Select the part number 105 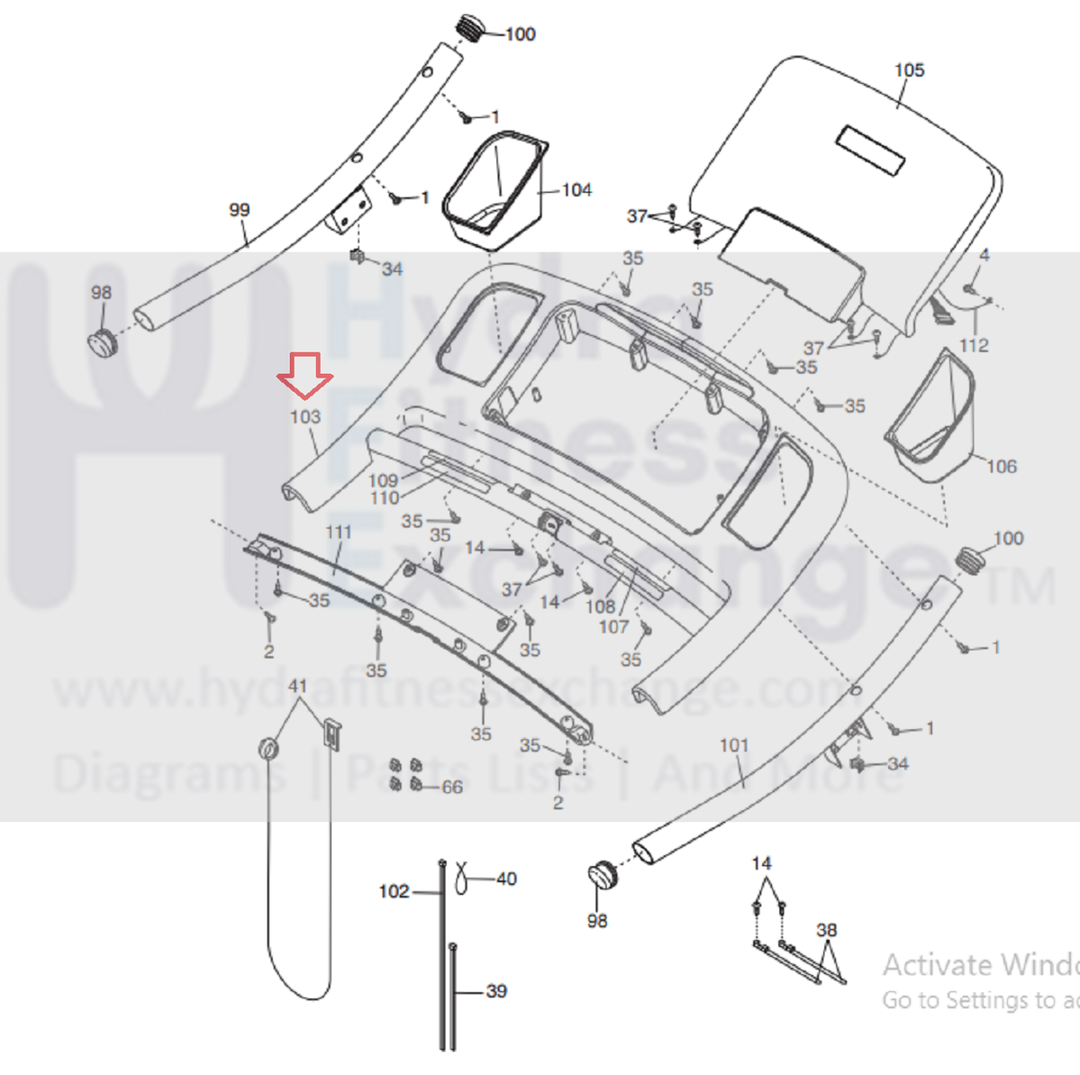tap(909, 70)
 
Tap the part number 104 tap(576, 190)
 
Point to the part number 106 tap(1002, 466)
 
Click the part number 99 tap(239, 210)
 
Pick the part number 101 tap(734, 745)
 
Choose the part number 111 tap(339, 532)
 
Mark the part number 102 tap(394, 891)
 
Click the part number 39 tap(496, 991)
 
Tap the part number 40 tap(506, 879)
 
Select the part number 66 tap(452, 787)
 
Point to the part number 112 tap(974, 345)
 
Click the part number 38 tap(826, 930)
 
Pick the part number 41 tap(297, 686)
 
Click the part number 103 tap(305, 416)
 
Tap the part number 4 tap(985, 255)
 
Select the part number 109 tap(383, 480)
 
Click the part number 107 tap(613, 626)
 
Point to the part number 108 tap(600, 606)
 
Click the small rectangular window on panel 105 tap(870, 150)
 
